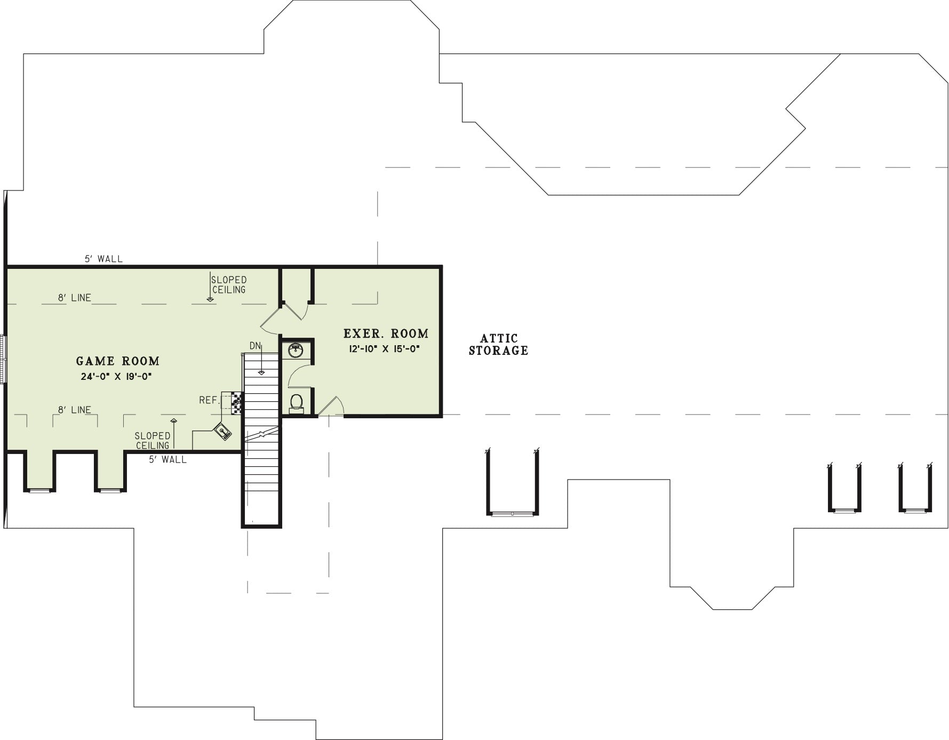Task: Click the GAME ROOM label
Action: (x=118, y=361)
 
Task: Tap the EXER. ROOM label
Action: (x=386, y=334)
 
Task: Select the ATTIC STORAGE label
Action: (x=499, y=345)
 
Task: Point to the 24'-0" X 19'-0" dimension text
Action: (x=117, y=376)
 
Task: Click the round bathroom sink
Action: (x=296, y=351)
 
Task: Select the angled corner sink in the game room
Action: (x=223, y=431)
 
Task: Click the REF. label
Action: (x=209, y=400)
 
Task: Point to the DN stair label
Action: (x=255, y=346)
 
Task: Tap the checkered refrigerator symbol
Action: (x=237, y=403)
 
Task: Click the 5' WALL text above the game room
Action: (x=103, y=259)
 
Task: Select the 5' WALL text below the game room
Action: (x=168, y=459)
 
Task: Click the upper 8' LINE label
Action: (x=75, y=298)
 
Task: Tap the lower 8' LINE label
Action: (x=75, y=410)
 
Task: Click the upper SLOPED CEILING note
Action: (x=229, y=285)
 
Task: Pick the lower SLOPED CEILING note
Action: (x=153, y=441)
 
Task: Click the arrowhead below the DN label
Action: (x=262, y=373)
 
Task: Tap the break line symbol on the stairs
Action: (x=261, y=433)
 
